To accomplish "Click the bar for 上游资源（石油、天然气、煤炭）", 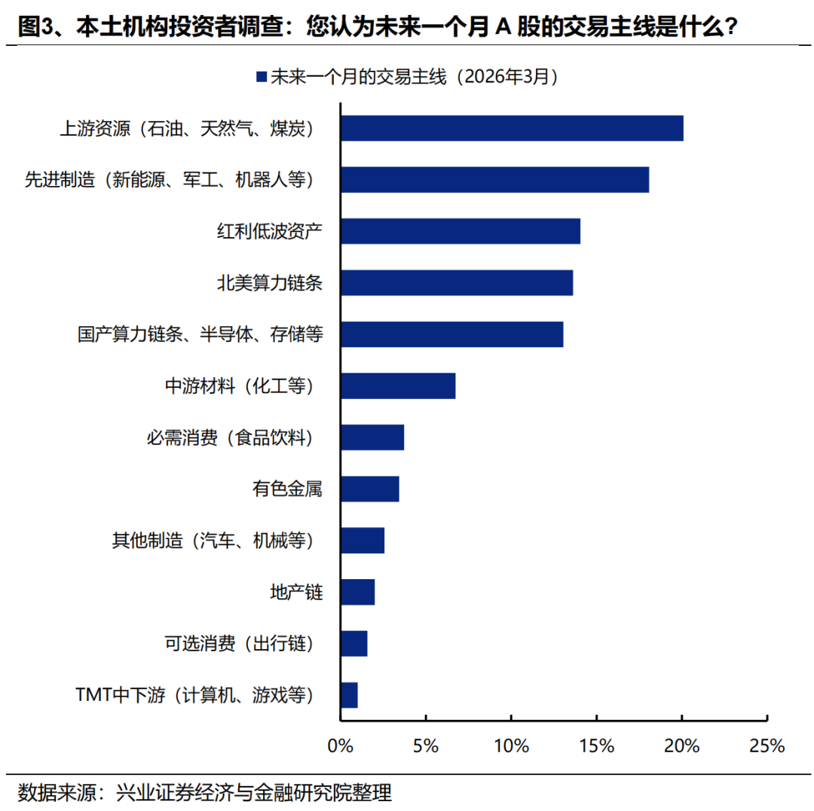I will (x=512, y=129).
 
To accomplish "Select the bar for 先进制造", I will (x=494, y=180).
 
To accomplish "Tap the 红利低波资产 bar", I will (x=461, y=231).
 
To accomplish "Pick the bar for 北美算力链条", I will (x=457, y=283).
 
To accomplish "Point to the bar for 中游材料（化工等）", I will (x=398, y=386).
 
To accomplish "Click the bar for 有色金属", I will (x=369, y=489).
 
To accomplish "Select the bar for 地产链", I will (x=357, y=592).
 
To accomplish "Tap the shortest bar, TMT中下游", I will (x=349, y=695).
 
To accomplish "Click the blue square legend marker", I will (x=262, y=77).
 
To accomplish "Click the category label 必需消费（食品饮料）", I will (x=229, y=438).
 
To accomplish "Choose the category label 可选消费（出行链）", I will (x=238, y=644).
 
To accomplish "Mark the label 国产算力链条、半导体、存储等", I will (x=200, y=334).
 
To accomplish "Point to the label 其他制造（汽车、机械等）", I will (x=211, y=541).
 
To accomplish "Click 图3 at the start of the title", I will (x=35, y=28).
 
